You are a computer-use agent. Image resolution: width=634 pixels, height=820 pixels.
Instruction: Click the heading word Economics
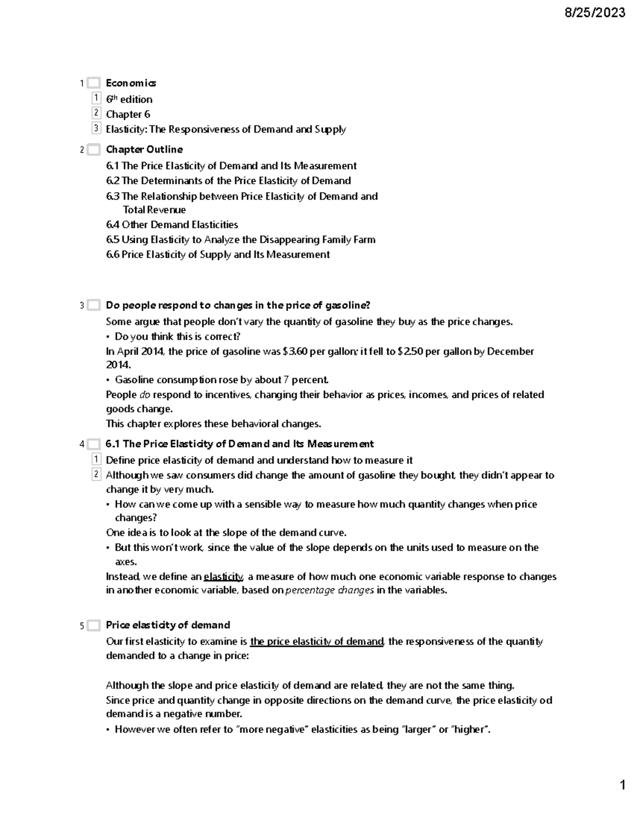pyautogui.click(x=130, y=83)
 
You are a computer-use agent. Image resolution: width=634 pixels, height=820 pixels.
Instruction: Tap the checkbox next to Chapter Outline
pyautogui.click(x=94, y=150)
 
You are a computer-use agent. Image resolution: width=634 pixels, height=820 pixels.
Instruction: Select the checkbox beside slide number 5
pyautogui.click(x=94, y=626)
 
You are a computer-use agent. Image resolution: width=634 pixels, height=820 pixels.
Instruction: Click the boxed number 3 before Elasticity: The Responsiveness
pyautogui.click(x=96, y=128)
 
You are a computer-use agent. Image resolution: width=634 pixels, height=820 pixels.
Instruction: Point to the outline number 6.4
pyautogui.click(x=113, y=225)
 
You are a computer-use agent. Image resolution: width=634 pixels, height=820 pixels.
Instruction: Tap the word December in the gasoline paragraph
pyautogui.click(x=510, y=352)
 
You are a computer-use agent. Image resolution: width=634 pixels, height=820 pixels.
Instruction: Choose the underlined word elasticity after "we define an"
pyautogui.click(x=223, y=577)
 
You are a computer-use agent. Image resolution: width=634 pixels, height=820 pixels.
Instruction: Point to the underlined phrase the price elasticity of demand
pyautogui.click(x=317, y=642)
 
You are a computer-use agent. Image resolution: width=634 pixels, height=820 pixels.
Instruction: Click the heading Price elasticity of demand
pyautogui.click(x=167, y=625)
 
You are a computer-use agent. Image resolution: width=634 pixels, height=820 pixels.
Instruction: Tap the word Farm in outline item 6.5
pyautogui.click(x=364, y=240)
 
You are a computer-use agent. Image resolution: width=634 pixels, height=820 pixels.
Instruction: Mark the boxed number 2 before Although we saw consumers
pyautogui.click(x=96, y=475)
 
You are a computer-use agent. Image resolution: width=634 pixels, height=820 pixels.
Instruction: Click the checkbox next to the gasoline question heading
pyautogui.click(x=94, y=305)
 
